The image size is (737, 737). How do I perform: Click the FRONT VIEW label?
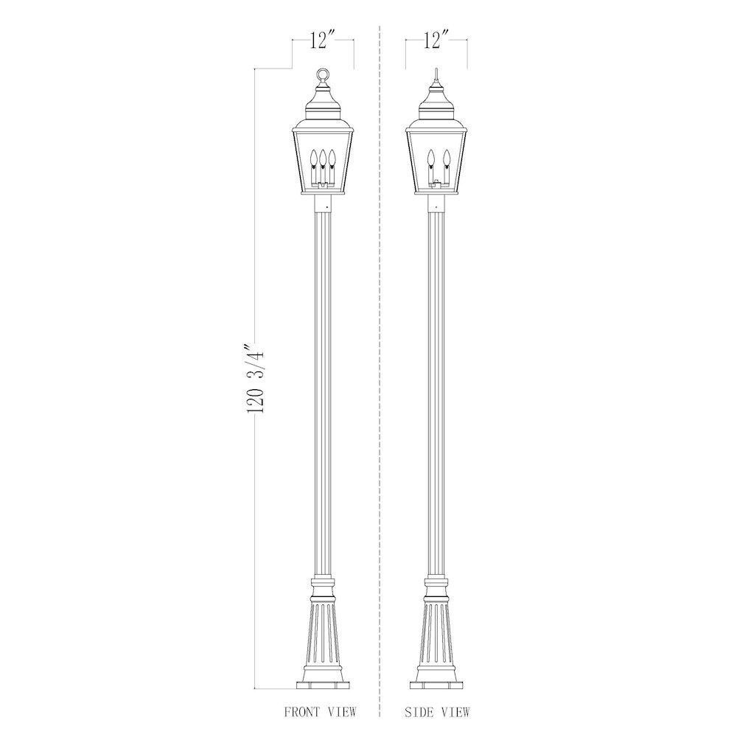pos(320,712)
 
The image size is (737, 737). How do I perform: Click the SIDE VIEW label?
pos(437,712)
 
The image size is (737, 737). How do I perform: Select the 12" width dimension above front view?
pos(322,41)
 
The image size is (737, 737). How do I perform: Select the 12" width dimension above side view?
pos(436,41)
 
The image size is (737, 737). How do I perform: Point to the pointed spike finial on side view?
pos(437,73)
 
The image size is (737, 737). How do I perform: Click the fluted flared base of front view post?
pos(324,634)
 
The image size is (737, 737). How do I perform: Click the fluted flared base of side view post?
pos(437,634)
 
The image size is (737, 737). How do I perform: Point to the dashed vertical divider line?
pos(380,368)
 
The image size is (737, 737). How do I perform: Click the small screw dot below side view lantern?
pos(437,208)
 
